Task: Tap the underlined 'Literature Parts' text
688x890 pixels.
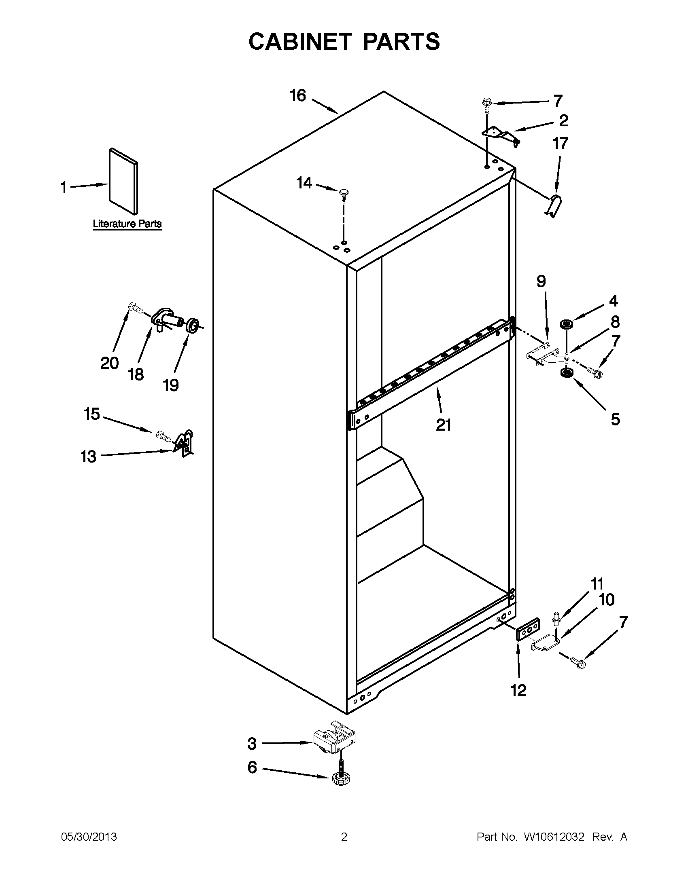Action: [127, 224]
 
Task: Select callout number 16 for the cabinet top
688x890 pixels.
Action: [298, 96]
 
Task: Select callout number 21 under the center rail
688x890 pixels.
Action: [444, 425]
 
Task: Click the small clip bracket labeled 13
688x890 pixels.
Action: [184, 443]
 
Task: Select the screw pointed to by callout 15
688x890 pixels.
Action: [163, 436]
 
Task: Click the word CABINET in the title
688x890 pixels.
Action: [300, 42]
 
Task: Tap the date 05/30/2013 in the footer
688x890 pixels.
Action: [89, 837]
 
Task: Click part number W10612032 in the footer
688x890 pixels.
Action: [554, 837]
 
